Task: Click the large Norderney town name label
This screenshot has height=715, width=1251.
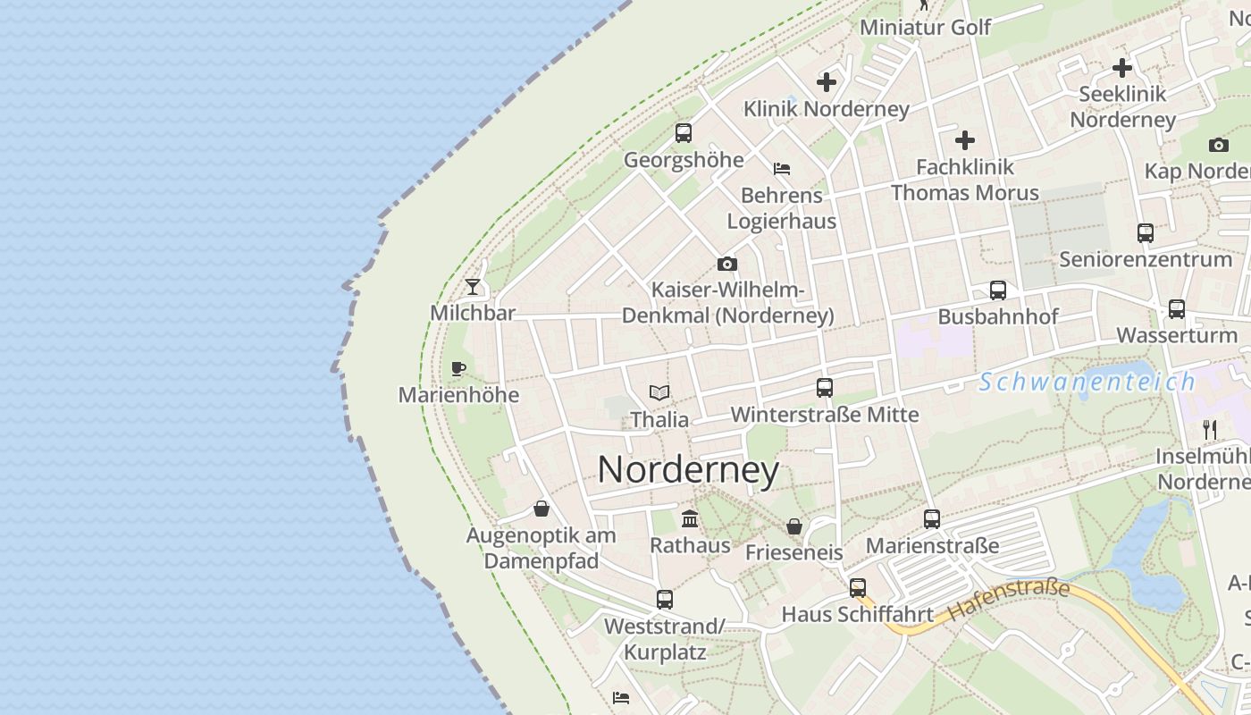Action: click(x=688, y=470)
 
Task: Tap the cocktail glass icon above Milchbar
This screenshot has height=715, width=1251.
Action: click(x=473, y=287)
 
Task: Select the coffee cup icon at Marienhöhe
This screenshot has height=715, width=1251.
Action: click(x=458, y=368)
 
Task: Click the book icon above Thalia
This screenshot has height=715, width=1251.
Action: click(x=659, y=392)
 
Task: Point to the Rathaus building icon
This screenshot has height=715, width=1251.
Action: click(x=690, y=518)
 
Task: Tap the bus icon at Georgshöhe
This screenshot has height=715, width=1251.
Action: click(x=684, y=133)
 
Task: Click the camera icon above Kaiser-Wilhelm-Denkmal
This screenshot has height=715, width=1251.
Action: click(x=727, y=264)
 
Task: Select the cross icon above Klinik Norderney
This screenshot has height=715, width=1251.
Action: click(x=827, y=82)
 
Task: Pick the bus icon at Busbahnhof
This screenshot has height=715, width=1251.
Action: click(x=998, y=290)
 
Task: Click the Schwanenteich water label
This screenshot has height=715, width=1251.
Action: click(x=1087, y=383)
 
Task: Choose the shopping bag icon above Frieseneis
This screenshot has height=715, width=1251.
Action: click(x=794, y=526)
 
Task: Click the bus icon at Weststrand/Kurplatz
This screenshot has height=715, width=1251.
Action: click(x=665, y=600)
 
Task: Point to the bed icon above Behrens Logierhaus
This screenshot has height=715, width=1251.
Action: click(x=782, y=168)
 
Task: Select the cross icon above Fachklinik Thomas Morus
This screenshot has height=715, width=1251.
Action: click(x=965, y=140)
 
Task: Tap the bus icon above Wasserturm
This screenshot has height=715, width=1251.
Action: click(x=1177, y=309)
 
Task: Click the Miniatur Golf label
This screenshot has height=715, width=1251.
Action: click(x=926, y=28)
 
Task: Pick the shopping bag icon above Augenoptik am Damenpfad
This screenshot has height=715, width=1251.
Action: click(x=542, y=509)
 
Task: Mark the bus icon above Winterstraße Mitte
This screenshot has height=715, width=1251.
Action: click(x=825, y=388)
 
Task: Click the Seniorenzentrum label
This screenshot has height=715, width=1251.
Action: click(x=1146, y=259)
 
